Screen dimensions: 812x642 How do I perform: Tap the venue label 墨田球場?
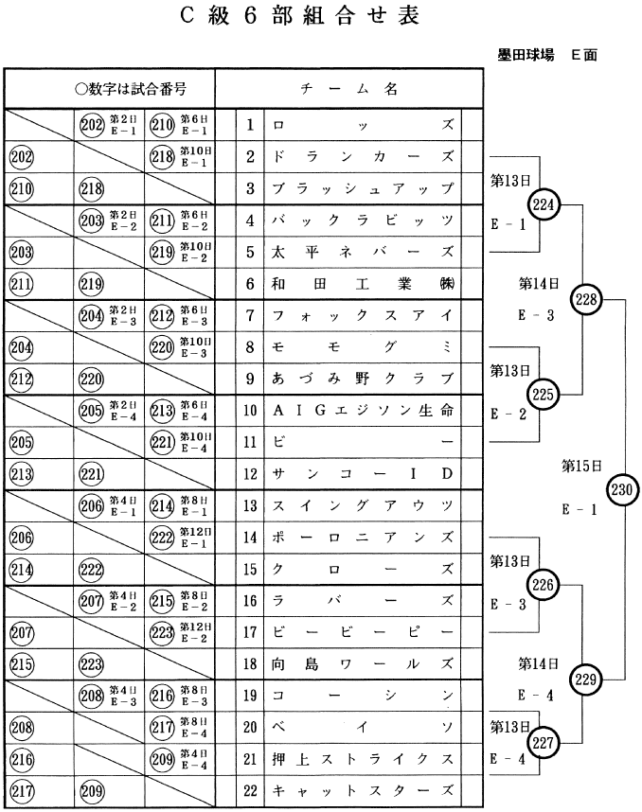coord(526,55)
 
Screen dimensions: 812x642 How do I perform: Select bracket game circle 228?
coord(587,298)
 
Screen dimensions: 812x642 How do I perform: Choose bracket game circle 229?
coord(587,679)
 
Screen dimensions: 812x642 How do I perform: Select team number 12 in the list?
coord(250,473)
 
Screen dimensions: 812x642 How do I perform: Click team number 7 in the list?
coord(250,314)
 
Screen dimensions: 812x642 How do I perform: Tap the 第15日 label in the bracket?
coord(581,466)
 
